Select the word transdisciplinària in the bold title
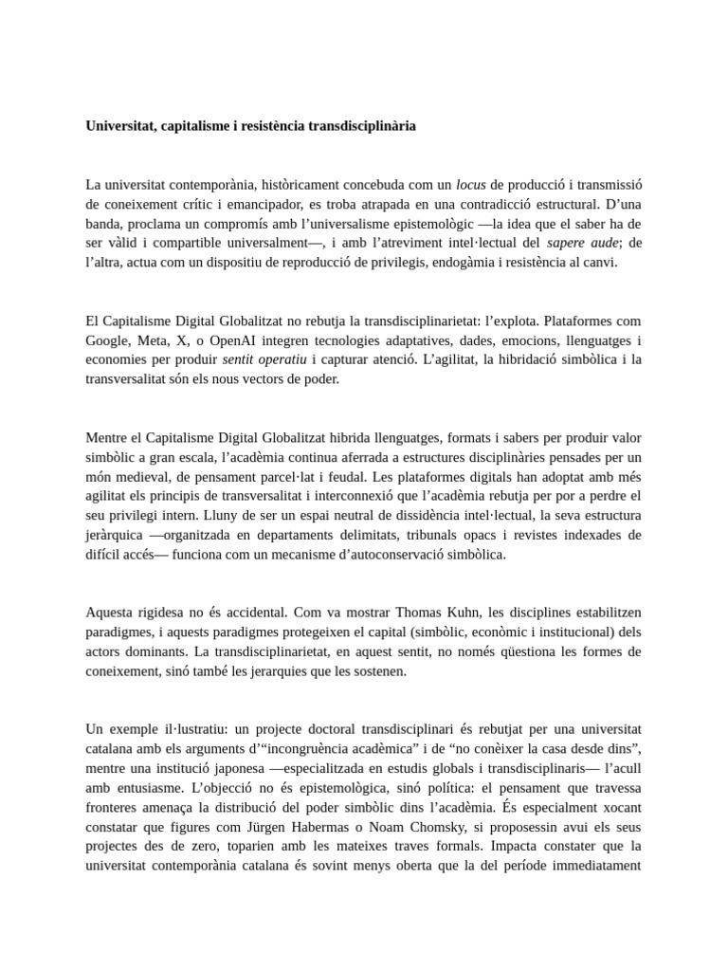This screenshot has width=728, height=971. (362, 126)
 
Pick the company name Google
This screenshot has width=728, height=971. (106, 340)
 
